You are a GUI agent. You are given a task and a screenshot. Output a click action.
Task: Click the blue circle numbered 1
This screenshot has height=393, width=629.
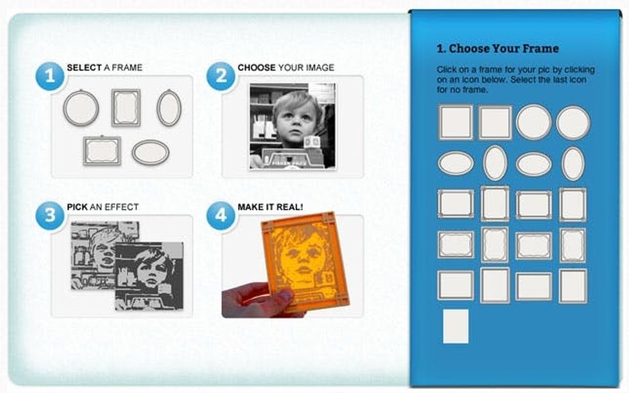pyautogui.click(x=50, y=76)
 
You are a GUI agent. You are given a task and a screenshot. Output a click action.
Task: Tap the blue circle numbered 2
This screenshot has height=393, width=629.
pyautogui.click(x=221, y=76)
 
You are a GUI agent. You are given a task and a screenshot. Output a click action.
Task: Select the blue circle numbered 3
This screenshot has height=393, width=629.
pyautogui.click(x=50, y=215)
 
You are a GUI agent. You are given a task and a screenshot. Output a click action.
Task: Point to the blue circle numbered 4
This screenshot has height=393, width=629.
pyautogui.click(x=221, y=215)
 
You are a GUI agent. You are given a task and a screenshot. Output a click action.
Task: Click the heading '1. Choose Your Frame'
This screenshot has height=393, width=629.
pyautogui.click(x=498, y=49)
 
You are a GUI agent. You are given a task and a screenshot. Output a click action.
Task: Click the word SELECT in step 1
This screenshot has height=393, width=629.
pyautogui.click(x=84, y=67)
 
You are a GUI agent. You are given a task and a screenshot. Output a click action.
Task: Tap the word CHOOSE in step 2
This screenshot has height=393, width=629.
pyautogui.click(x=256, y=67)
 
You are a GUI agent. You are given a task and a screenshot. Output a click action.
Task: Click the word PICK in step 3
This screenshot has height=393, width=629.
pyautogui.click(x=77, y=207)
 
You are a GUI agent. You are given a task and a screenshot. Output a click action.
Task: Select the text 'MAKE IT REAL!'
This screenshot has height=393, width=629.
pyautogui.click(x=270, y=207)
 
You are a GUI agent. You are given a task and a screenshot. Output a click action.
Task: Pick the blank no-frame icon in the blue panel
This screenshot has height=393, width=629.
pyautogui.click(x=456, y=326)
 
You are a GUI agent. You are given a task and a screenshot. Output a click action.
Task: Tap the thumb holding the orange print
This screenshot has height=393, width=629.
pyautogui.click(x=283, y=297)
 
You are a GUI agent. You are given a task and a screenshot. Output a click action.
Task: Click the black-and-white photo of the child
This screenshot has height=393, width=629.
pyautogui.click(x=293, y=127)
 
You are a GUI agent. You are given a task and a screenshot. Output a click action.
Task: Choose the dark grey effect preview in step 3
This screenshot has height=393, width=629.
pyautogui.click(x=149, y=275)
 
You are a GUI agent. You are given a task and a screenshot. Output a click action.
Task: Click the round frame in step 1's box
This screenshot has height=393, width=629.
pyautogui.click(x=81, y=108)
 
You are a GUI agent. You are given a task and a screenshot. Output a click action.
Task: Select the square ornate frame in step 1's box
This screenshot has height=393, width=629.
pyautogui.click(x=126, y=108)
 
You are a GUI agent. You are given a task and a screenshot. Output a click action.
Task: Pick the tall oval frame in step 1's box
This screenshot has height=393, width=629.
pyautogui.click(x=169, y=108)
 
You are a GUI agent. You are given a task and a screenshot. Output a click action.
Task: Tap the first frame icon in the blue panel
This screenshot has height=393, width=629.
pyautogui.click(x=456, y=122)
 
